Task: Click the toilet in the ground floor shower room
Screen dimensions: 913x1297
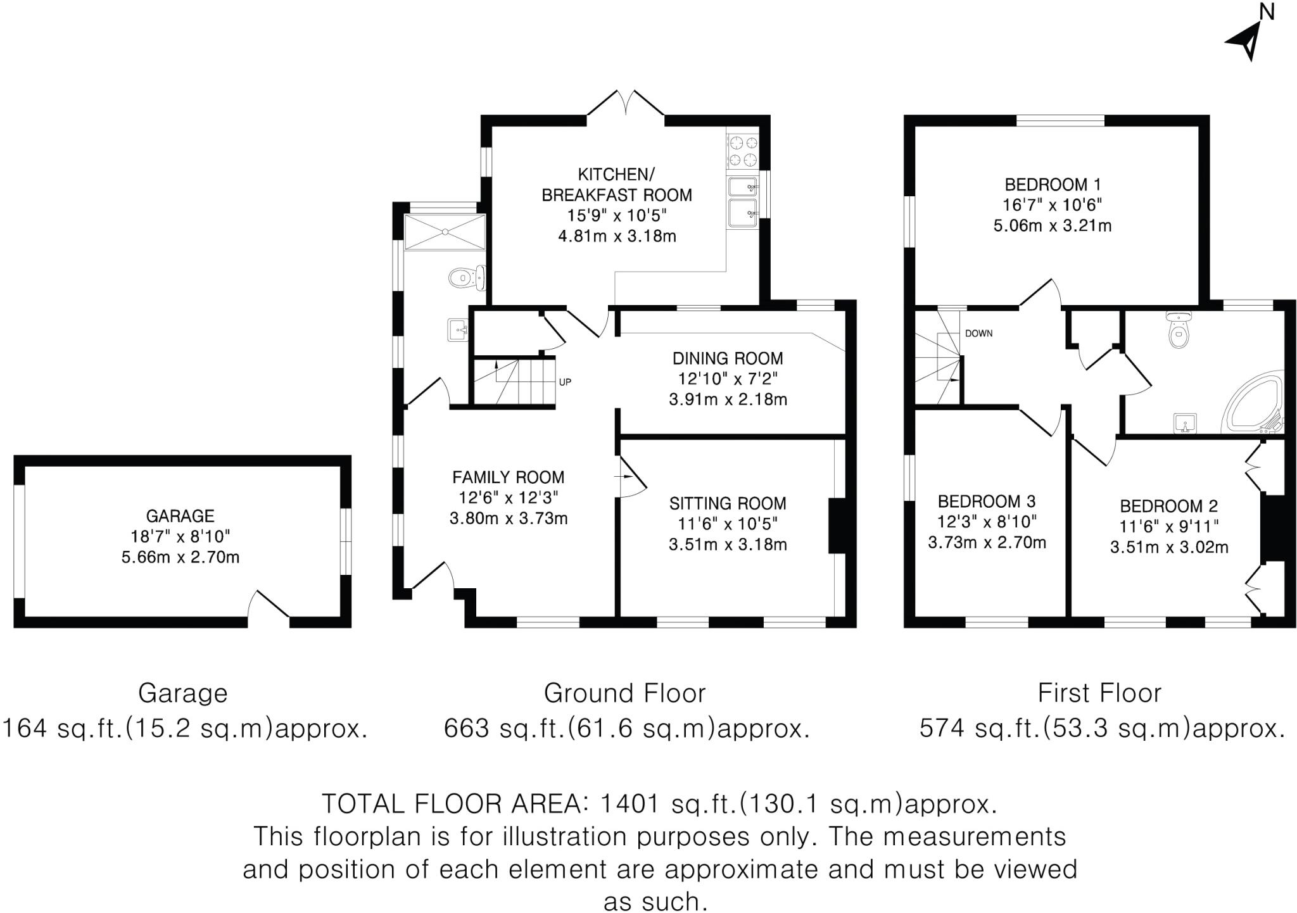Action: pyautogui.click(x=465, y=277)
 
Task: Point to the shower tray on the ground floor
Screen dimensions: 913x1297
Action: pyautogui.click(x=445, y=232)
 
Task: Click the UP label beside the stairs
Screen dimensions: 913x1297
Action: pyautogui.click(x=565, y=382)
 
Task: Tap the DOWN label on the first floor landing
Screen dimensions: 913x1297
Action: pyautogui.click(x=978, y=334)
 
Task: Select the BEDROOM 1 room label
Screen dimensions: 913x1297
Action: pyautogui.click(x=1053, y=185)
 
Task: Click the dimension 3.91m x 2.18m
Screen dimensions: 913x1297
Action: pyautogui.click(x=728, y=400)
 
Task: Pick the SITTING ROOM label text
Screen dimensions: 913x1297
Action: pyautogui.click(x=728, y=503)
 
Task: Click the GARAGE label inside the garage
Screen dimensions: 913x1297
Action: pyautogui.click(x=180, y=516)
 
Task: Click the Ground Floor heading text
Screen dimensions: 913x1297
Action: pyautogui.click(x=624, y=693)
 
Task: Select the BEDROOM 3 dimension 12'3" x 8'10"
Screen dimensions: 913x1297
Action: pyautogui.click(x=987, y=522)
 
